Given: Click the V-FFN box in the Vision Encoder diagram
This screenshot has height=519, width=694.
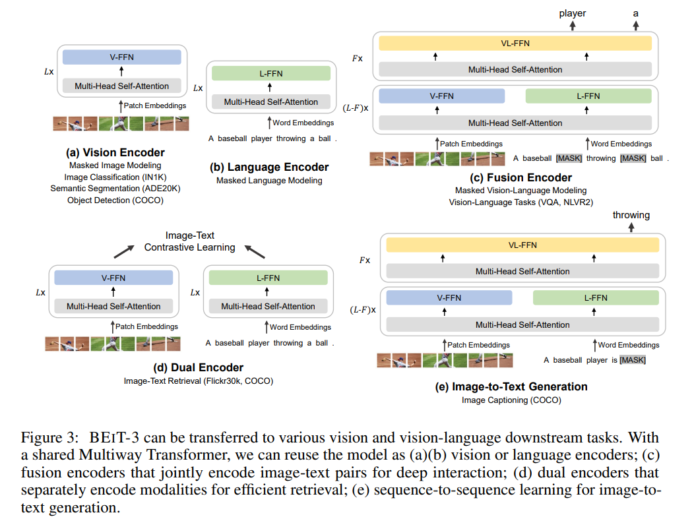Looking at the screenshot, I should tap(121, 57).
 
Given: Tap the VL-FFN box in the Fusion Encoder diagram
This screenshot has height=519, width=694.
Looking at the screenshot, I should tap(515, 44).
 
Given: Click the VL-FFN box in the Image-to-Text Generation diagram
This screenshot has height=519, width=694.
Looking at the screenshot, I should tap(522, 245).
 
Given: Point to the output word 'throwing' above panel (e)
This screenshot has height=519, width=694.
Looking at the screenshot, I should tap(631, 215).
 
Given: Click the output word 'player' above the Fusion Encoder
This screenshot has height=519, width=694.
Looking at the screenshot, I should tap(572, 13).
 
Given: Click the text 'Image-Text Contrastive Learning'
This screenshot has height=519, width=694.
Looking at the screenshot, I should tap(190, 241).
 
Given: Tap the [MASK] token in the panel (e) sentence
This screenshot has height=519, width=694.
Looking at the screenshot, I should tap(632, 360).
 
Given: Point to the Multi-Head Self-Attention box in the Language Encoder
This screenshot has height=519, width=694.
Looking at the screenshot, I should tap(270, 102).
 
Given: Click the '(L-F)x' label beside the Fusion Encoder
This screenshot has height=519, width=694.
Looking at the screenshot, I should tap(356, 107).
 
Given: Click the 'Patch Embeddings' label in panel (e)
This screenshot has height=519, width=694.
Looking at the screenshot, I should tap(479, 345).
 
